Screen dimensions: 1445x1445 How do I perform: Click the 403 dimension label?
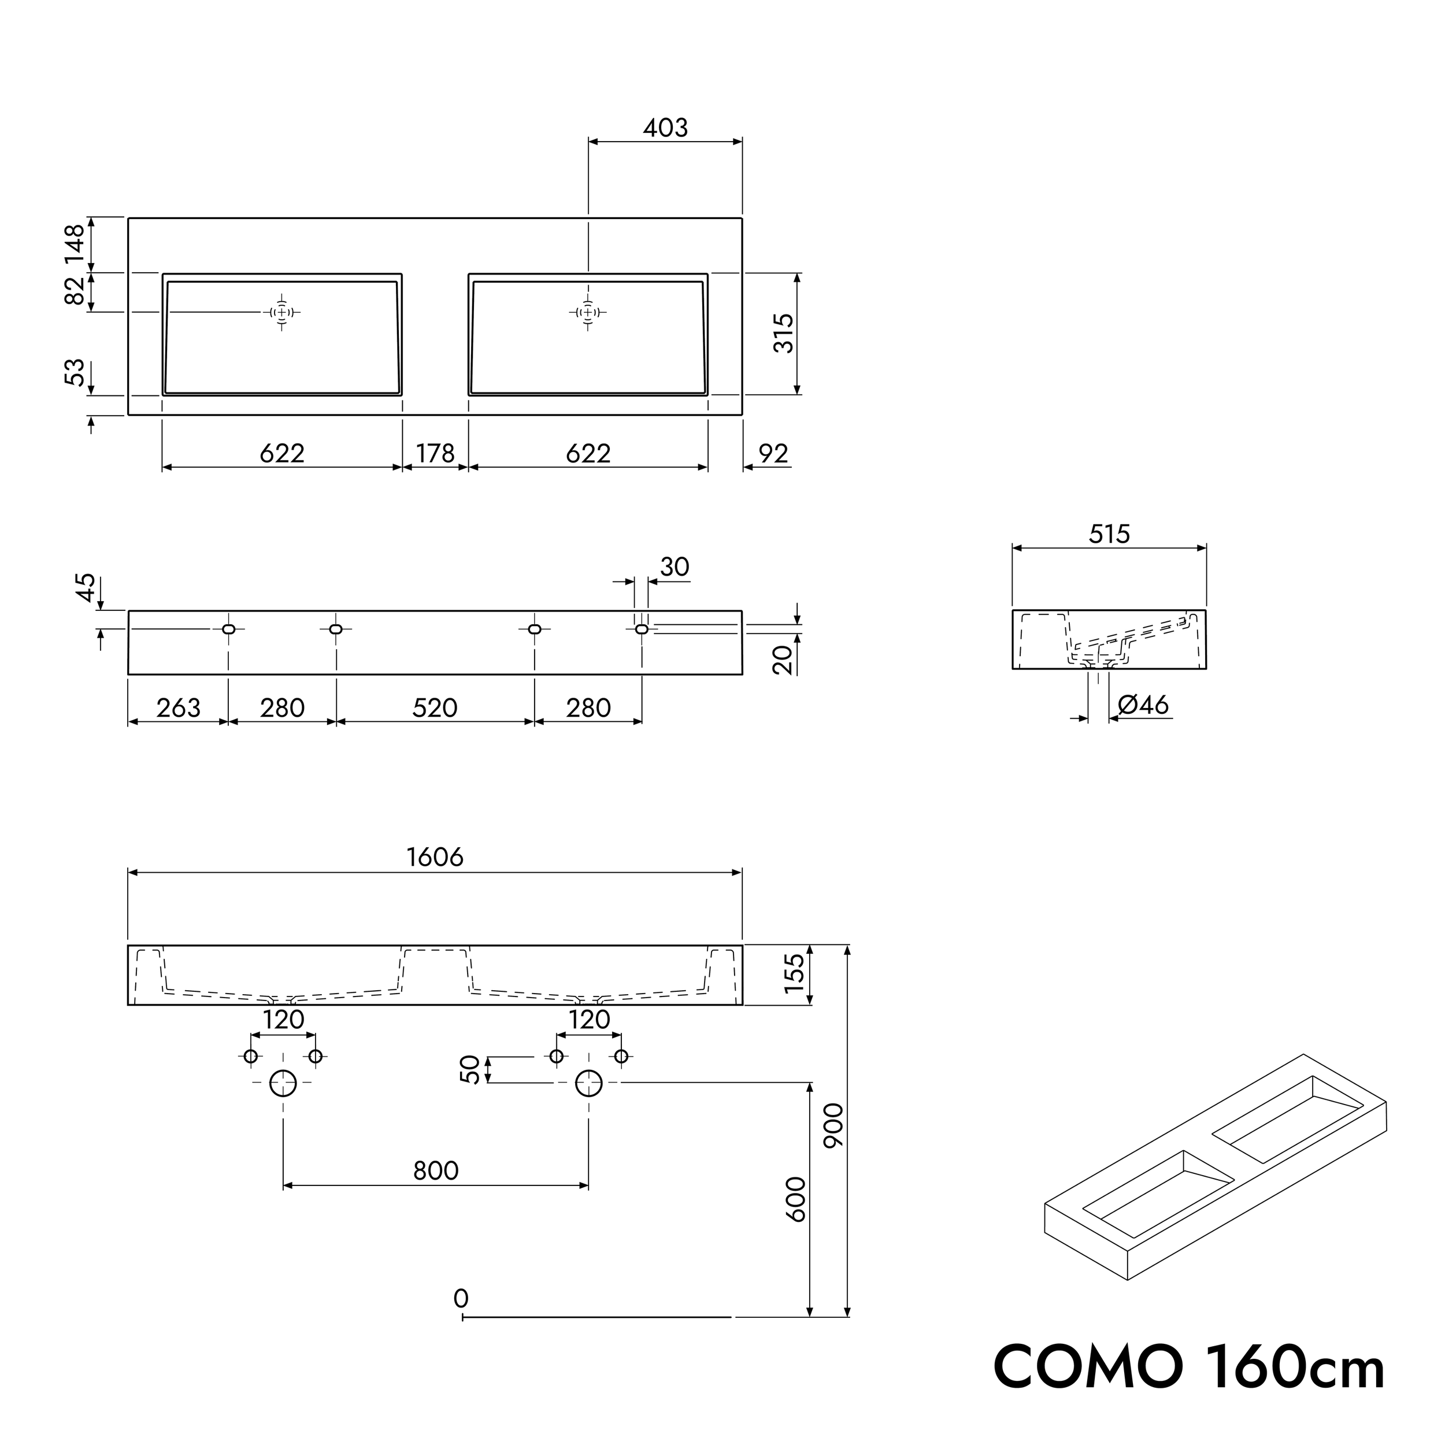pos(665,128)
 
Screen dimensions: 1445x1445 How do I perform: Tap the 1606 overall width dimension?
pos(435,857)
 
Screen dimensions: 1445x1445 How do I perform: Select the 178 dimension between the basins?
pos(435,453)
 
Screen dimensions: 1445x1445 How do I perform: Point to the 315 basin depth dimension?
pos(783,334)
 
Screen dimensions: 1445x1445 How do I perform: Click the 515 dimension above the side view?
pos(1109,534)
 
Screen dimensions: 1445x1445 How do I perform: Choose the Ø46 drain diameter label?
pos(1143,705)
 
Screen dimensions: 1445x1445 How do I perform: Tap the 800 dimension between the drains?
pos(435,1170)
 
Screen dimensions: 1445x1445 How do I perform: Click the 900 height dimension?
pos(832,1125)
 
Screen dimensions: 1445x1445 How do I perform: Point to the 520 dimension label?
pos(435,707)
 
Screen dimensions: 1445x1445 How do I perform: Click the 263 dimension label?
pos(178,707)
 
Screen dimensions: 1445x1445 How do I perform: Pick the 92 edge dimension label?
pos(773,453)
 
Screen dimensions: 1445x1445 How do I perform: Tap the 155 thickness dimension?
pos(794,974)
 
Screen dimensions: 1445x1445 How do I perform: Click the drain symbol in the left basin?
pos(282,312)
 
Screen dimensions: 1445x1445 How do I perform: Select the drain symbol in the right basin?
pos(588,312)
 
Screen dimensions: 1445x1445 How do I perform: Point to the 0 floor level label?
pos(461,1298)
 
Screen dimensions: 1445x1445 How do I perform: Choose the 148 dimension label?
pos(75,244)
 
